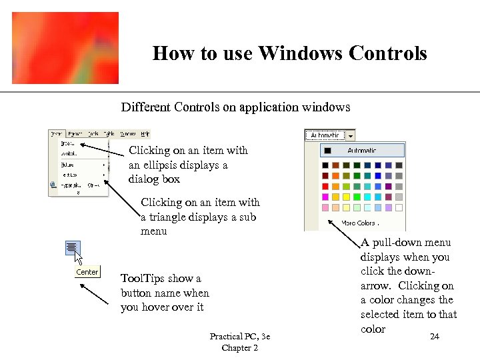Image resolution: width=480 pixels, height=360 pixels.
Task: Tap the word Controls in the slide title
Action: pos(385,53)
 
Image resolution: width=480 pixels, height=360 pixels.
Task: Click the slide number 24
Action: pos(434,337)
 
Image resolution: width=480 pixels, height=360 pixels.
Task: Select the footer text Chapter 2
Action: pos(239,348)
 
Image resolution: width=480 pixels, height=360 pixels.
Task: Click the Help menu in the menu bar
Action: pos(145,134)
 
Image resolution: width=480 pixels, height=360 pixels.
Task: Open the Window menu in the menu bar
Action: pos(128,134)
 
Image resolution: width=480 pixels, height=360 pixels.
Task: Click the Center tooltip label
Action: pos(87,272)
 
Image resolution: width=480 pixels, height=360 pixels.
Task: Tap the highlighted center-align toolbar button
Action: pos(72,248)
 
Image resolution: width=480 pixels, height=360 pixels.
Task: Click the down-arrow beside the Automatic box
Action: pos(350,135)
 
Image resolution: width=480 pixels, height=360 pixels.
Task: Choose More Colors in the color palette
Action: pos(359,223)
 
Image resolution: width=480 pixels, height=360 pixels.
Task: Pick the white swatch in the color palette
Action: pos(399,208)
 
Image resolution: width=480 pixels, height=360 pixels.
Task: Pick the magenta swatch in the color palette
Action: pos(325,197)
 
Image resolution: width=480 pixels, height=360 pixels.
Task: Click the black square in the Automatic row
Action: pos(327,151)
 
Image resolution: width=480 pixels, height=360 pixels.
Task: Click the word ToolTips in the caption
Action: pos(139,279)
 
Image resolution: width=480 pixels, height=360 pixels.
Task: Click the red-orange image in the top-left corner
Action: pos(65,48)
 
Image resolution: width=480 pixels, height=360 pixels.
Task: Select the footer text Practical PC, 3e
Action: pos(239,337)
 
